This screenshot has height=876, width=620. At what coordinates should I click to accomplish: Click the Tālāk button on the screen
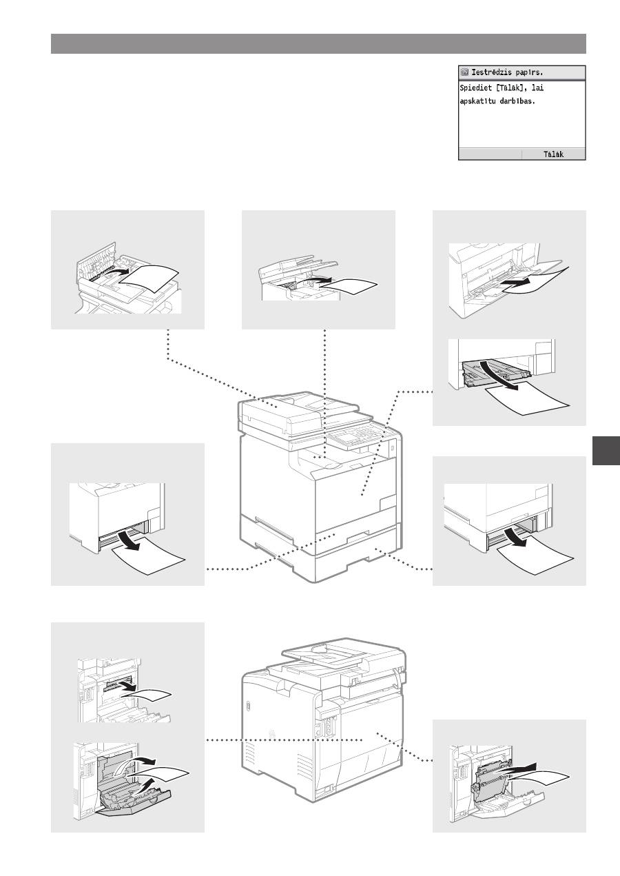pos(554,154)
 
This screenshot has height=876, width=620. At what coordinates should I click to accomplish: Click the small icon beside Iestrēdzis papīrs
pos(464,72)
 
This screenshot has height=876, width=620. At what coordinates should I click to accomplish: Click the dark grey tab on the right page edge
pos(606,451)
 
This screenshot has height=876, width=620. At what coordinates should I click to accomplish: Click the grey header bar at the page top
pos(318,43)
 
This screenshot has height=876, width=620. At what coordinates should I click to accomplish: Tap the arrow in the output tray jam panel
pos(317,280)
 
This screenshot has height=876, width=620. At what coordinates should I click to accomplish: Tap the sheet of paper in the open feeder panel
pos(149,278)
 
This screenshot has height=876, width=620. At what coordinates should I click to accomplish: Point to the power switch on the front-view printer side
pos(392,445)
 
